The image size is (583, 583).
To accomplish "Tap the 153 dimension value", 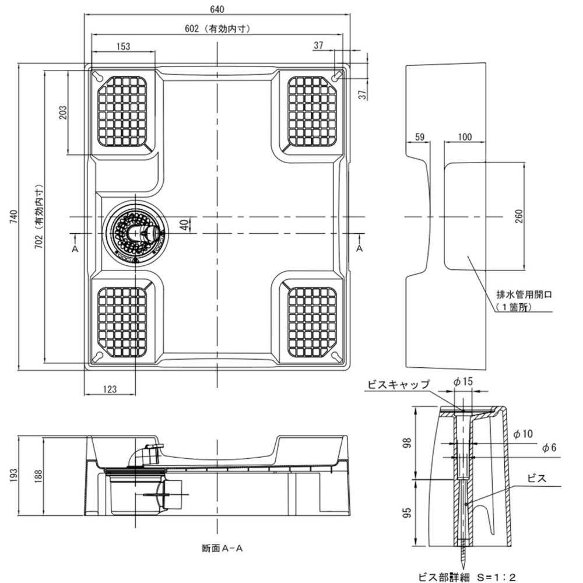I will pyautogui.click(x=123, y=47).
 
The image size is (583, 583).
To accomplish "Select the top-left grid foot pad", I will pyautogui.click(x=125, y=111).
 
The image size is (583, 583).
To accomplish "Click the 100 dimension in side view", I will pyautogui.click(x=465, y=137).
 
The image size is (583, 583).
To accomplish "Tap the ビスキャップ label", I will pyautogui.click(x=398, y=384).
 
